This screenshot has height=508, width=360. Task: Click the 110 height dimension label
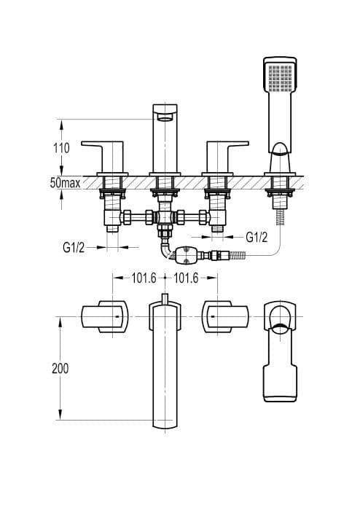click(x=61, y=148)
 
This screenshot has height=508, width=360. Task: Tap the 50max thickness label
click(x=65, y=183)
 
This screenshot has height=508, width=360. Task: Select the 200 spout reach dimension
click(x=60, y=368)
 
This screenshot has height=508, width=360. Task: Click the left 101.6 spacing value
click(x=144, y=278)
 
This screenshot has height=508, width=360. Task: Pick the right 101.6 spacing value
click(x=186, y=278)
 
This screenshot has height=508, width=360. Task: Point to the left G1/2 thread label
click(x=74, y=248)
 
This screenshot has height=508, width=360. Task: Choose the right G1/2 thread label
click(x=257, y=238)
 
